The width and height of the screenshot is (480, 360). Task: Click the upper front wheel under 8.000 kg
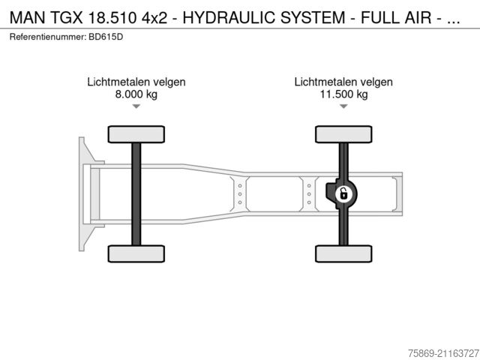click(x=136, y=134)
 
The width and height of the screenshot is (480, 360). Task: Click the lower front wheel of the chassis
click(x=136, y=253)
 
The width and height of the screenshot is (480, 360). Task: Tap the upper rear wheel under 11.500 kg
click(x=343, y=134)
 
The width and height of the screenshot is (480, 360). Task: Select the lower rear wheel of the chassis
click(x=343, y=253)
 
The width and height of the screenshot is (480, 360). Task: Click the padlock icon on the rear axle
click(x=343, y=194)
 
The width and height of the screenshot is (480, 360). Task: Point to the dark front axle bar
click(x=136, y=194)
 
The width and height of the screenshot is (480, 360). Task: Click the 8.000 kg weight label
click(x=136, y=94)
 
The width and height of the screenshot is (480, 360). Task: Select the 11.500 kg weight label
click(x=343, y=94)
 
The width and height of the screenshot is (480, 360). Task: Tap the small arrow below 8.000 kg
click(x=136, y=106)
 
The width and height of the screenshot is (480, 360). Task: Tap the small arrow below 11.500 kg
click(x=343, y=106)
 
